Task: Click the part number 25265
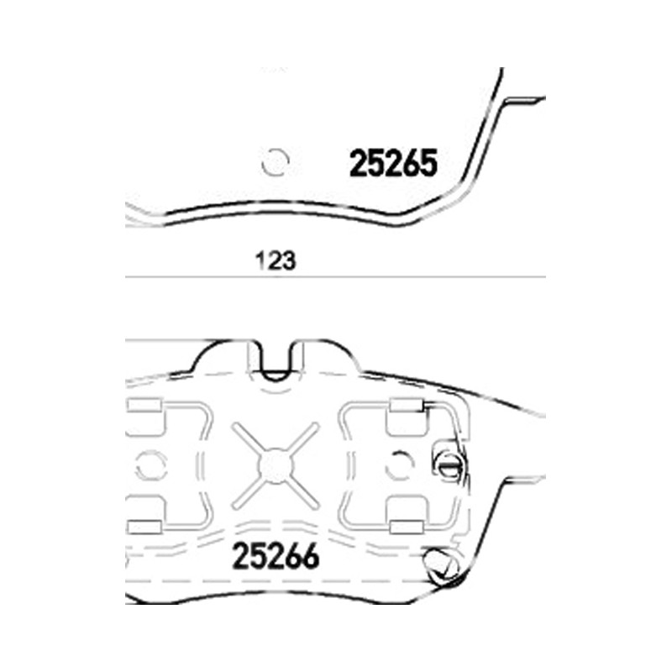[x=393, y=163]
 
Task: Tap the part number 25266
[x=276, y=556]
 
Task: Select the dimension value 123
[x=276, y=260]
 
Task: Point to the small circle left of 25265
[x=276, y=162]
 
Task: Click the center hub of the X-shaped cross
[x=276, y=466]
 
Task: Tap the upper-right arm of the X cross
[x=302, y=438]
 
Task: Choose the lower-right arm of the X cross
[x=302, y=493]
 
